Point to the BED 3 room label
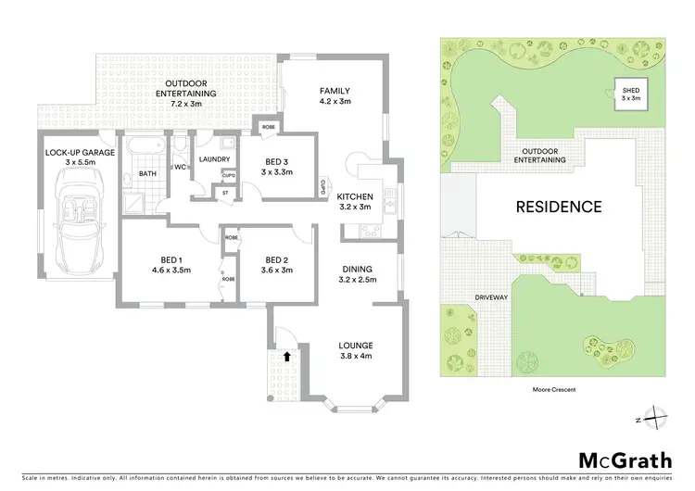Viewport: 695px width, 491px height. click(x=276, y=166)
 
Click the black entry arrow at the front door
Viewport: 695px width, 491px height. click(x=287, y=354)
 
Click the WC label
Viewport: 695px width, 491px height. click(x=180, y=167)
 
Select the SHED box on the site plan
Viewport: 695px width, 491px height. click(x=630, y=93)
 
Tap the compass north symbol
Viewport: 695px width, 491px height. click(x=655, y=419)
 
